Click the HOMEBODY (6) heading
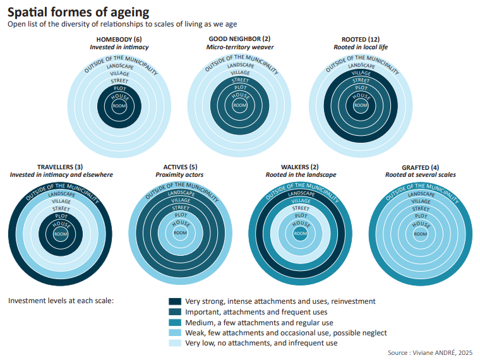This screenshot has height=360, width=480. coord(119,39)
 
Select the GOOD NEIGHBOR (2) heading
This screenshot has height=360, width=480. coord(239,39)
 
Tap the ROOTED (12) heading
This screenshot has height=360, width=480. coord(359,39)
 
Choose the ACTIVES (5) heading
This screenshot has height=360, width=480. coord(180,167)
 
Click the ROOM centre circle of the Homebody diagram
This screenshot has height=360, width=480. coord(119,105)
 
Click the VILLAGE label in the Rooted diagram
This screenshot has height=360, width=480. coord(361,73)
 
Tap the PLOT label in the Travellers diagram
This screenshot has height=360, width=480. coord(61,216)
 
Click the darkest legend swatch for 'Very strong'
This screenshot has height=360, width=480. coord(175,302)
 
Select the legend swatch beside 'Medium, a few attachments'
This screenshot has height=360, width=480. coord(175,322)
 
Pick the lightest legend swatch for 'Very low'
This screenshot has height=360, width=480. coord(175,343)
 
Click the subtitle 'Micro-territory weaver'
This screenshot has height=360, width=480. coord(239,47)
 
